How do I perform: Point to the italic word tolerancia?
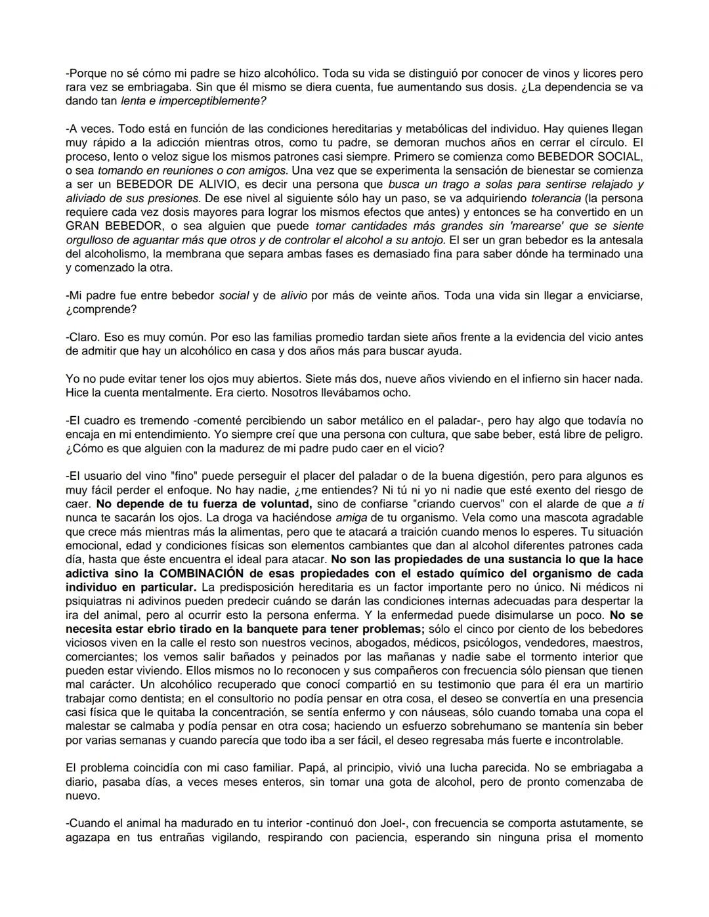pos(555,198)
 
